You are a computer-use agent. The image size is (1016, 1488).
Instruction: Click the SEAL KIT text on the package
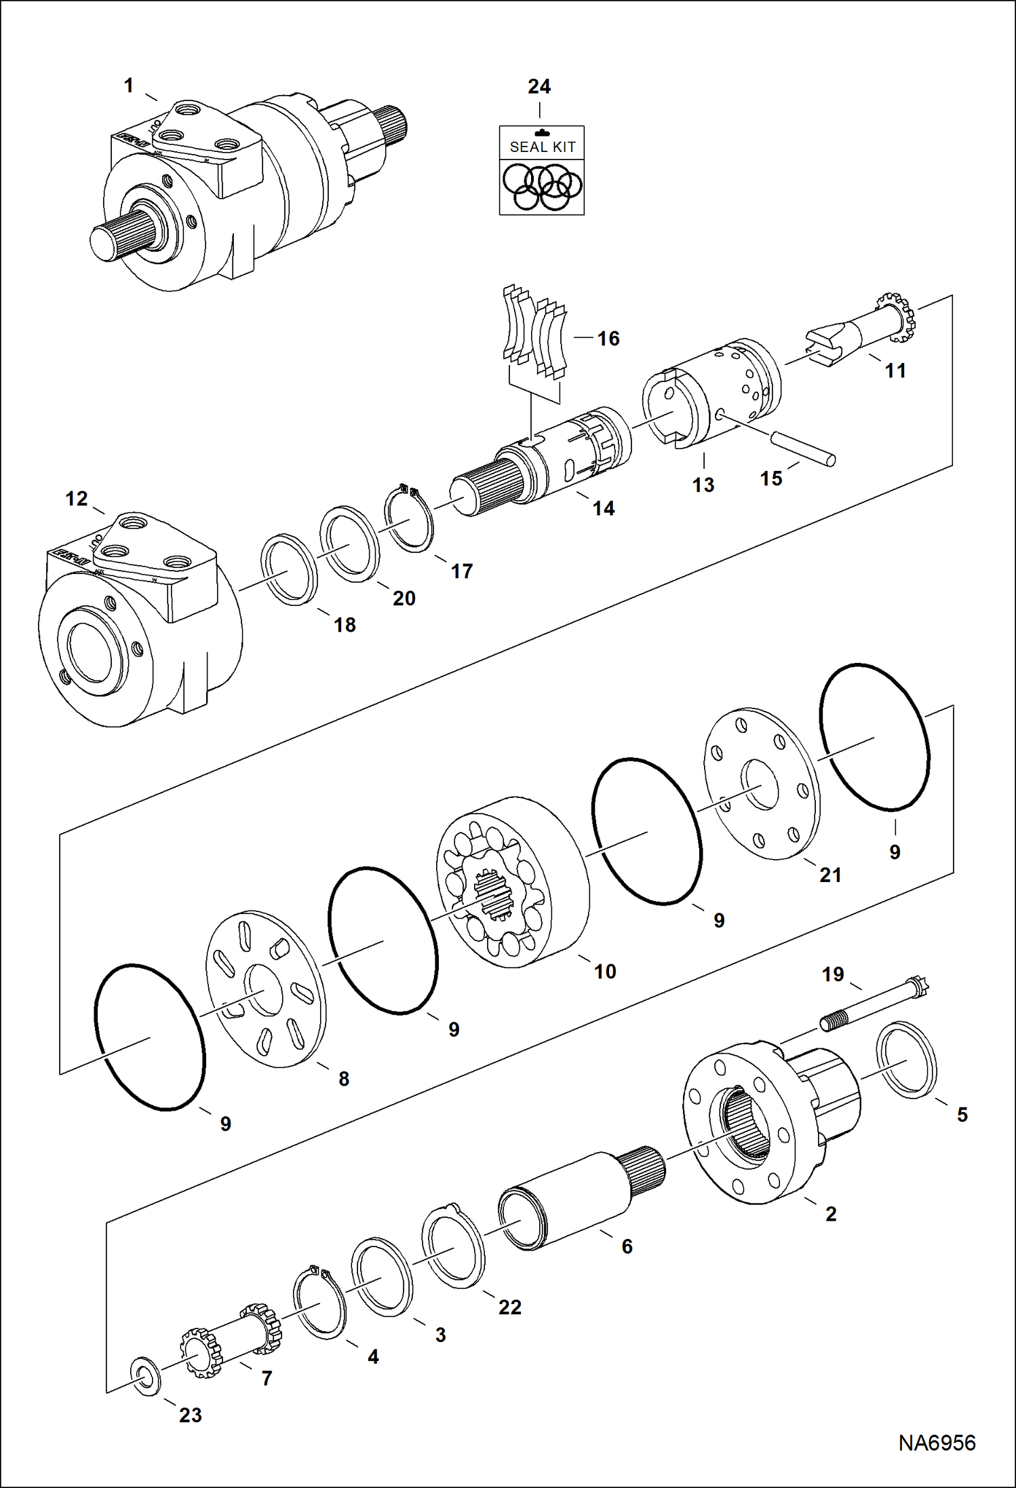pyautogui.click(x=542, y=147)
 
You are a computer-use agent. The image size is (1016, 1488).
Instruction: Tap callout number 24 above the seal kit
pyautogui.click(x=539, y=86)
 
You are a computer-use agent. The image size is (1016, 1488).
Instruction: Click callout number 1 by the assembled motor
pyautogui.click(x=129, y=85)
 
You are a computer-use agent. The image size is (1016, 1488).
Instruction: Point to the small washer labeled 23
pyautogui.click(x=145, y=1375)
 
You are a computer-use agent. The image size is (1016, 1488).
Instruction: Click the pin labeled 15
pyautogui.click(x=803, y=448)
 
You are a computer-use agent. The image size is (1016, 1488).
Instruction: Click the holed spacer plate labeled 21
pyautogui.click(x=762, y=784)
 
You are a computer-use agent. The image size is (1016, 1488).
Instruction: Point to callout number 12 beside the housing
pyautogui.click(x=76, y=499)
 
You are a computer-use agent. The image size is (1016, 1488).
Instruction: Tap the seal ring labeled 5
pyautogui.click(x=906, y=1058)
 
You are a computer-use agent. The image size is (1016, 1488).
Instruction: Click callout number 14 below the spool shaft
pyautogui.click(x=603, y=508)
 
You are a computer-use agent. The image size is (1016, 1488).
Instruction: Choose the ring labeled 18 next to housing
pyautogui.click(x=290, y=569)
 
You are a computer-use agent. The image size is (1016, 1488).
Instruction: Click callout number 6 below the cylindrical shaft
pyautogui.click(x=627, y=1246)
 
